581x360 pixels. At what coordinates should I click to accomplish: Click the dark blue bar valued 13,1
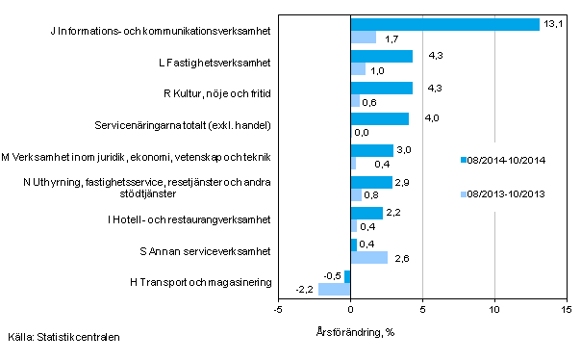[x=444, y=25]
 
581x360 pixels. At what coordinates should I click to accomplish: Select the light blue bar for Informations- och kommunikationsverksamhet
[x=363, y=38]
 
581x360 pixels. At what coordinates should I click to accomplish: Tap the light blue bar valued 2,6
[x=369, y=257]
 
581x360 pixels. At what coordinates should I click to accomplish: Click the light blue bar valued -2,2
[x=334, y=289]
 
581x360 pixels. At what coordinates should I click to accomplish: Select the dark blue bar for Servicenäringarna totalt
[x=379, y=119]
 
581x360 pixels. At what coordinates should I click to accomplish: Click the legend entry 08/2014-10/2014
[x=504, y=161]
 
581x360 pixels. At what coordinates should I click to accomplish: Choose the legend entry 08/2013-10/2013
[x=504, y=193]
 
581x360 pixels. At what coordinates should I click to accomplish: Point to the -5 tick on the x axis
[x=278, y=309]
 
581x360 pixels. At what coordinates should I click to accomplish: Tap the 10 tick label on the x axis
[x=494, y=309]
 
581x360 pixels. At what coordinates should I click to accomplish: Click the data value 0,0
[x=362, y=132]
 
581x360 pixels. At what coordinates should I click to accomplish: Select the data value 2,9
[x=404, y=181]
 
